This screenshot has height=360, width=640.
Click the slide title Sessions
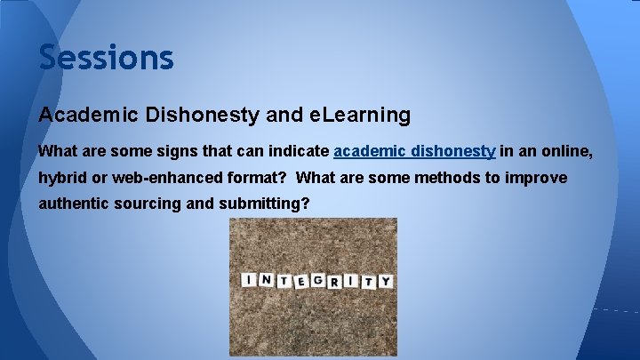pos(106,58)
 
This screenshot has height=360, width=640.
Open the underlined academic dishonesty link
pos(414,152)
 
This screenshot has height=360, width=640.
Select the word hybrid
pos(60,178)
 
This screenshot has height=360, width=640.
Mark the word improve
pos(535,178)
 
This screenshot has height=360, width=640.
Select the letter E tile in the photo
pos(301,282)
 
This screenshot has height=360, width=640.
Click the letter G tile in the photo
pos(318,281)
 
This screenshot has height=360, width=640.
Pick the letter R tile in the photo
pos(336,281)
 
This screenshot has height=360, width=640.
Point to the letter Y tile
pos(384,282)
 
